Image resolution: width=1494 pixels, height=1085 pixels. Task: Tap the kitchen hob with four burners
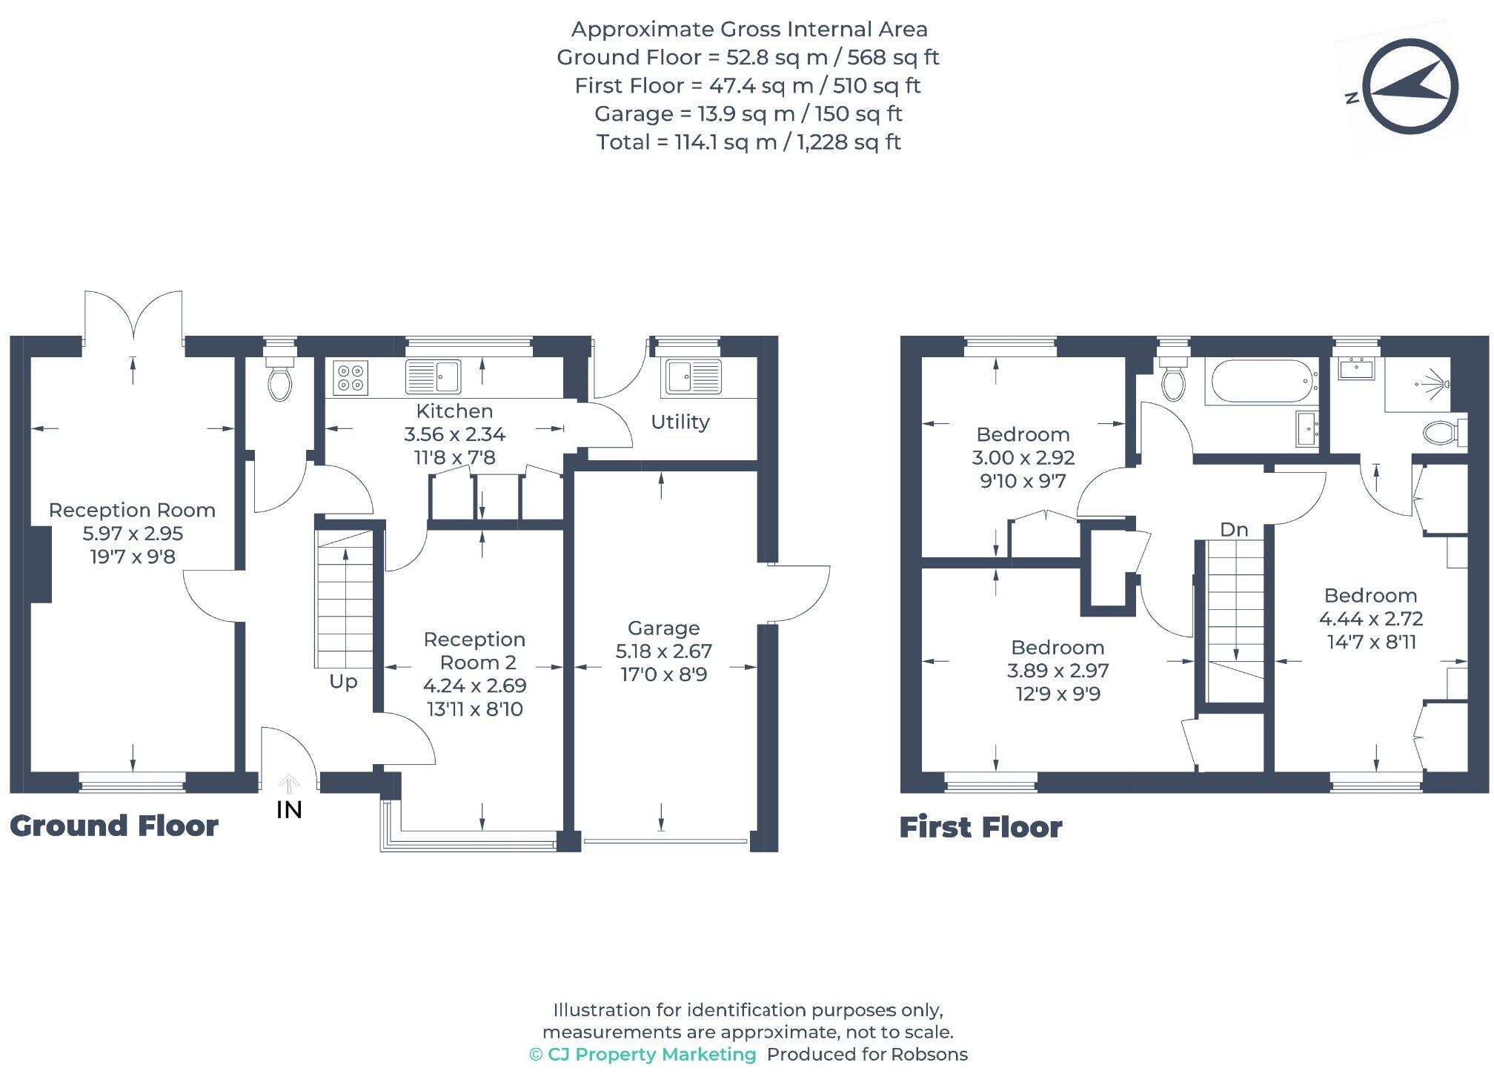point(350,377)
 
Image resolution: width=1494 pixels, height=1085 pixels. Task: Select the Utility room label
point(680,422)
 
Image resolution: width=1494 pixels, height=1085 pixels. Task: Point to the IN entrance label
point(289,810)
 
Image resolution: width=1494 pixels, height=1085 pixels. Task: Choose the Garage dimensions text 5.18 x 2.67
point(663,651)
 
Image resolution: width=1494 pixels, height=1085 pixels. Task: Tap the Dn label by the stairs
point(1234,530)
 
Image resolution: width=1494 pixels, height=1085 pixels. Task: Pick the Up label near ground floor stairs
point(343,682)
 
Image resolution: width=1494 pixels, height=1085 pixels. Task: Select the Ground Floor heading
point(114,826)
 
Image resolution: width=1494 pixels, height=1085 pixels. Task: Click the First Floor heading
point(980,827)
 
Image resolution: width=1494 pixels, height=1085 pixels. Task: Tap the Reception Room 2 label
point(474,651)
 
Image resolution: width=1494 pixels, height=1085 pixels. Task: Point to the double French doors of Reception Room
point(133,319)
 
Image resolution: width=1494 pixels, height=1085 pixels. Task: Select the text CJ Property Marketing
point(651,1055)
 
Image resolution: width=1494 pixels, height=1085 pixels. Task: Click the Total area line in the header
point(748,142)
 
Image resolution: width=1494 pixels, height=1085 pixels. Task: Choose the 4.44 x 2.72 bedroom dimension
point(1371,619)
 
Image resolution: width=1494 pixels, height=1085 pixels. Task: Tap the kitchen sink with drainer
point(434,377)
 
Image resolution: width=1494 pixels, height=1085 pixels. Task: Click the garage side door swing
point(800,593)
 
